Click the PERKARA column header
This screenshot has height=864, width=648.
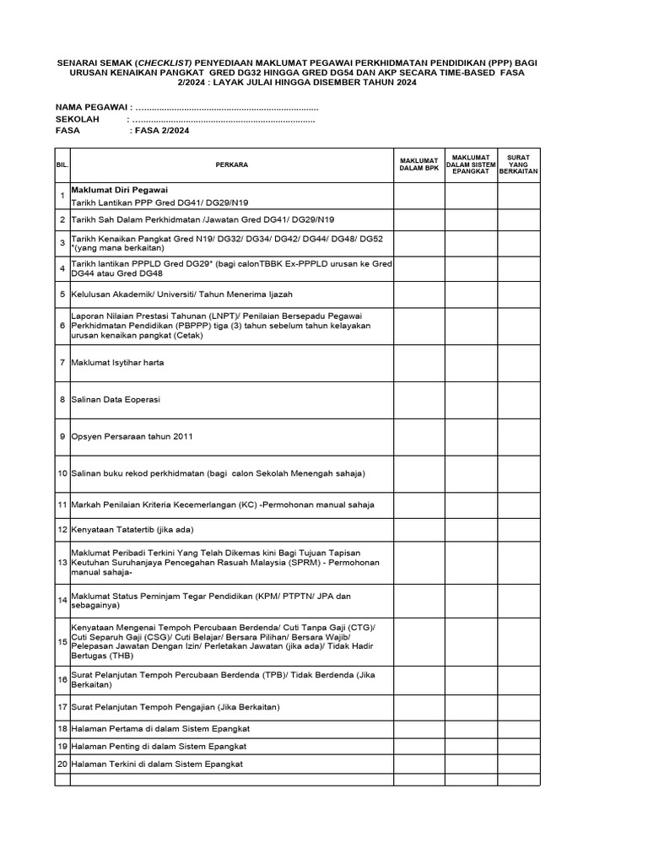tap(231, 165)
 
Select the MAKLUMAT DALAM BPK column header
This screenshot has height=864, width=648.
tap(418, 165)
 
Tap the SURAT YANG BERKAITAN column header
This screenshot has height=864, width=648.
tap(518, 165)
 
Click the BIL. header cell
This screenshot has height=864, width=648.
tap(62, 165)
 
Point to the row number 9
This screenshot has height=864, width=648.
tap(62, 436)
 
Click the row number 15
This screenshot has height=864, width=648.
tap(62, 642)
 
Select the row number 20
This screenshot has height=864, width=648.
tap(62, 764)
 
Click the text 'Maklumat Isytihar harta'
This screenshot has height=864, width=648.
tap(117, 362)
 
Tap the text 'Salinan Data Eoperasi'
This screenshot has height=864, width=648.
tap(116, 399)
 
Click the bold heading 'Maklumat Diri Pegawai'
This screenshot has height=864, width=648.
tap(125, 190)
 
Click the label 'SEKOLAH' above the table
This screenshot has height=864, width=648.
tap(77, 120)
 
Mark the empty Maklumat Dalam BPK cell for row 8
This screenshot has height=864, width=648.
tap(418, 399)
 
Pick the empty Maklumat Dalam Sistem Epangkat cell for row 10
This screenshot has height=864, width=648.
tap(470, 473)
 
